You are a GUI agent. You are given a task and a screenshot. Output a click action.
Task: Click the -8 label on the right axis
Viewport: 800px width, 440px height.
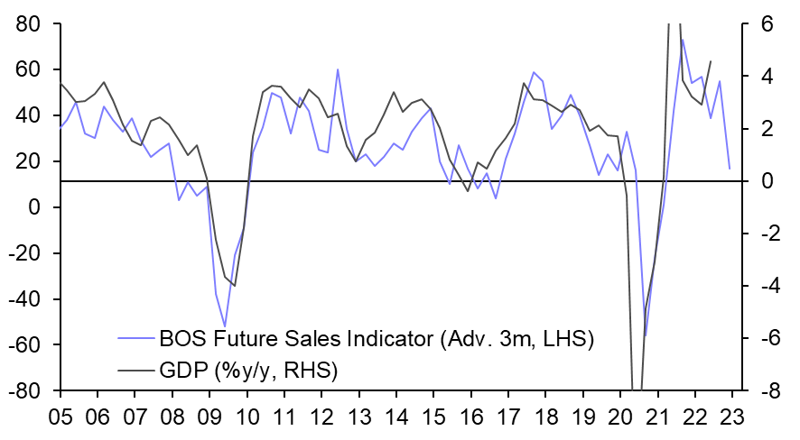tap(759, 391)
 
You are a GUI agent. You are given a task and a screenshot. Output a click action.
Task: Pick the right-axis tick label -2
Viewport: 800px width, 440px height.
tap(759, 234)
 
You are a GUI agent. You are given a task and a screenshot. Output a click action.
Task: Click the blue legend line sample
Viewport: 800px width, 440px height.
tap(136, 340)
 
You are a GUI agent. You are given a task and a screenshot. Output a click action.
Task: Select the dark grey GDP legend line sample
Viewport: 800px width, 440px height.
tap(136, 370)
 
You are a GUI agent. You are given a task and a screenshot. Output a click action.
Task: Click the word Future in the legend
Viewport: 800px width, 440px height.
tap(247, 340)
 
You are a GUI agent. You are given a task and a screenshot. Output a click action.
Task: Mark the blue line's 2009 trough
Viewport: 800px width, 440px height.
tap(225, 326)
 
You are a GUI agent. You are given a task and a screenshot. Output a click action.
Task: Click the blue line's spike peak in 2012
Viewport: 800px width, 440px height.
tap(338, 69)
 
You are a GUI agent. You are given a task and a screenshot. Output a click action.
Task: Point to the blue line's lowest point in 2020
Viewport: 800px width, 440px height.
tap(645, 335)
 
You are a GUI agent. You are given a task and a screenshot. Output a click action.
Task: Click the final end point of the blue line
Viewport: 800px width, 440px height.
tap(730, 169)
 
